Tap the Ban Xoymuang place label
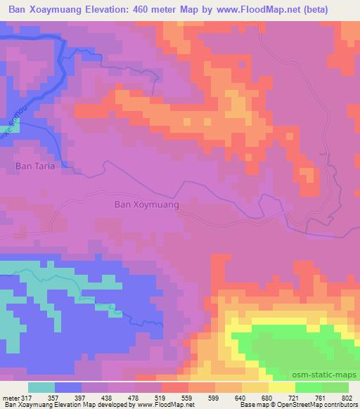coord(146,205)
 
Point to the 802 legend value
coord(347,397)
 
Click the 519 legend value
coord(161,397)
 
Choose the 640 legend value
coord(242,397)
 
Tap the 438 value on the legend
coord(107,397)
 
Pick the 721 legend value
coord(294,397)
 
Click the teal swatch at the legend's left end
coord(41,387)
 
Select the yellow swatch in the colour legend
coord(281,387)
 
